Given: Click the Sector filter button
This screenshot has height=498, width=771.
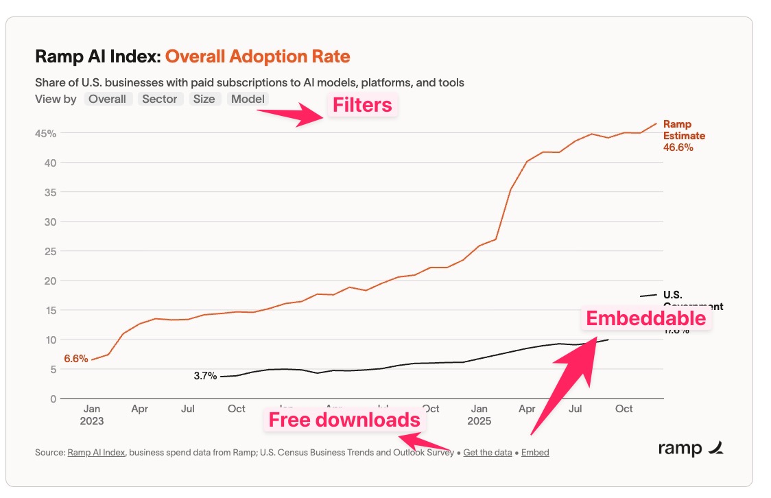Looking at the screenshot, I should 160,99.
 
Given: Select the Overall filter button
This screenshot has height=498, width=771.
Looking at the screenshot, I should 107,99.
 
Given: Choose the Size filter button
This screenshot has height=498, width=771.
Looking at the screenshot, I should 204,99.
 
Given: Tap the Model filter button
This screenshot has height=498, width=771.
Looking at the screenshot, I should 248,99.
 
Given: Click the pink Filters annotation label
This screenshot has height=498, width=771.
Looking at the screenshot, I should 362,105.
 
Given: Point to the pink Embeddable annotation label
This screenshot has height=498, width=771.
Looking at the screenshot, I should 645,318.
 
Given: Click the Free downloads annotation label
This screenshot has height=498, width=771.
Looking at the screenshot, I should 344,420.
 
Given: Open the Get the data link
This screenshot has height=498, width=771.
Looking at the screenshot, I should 487,452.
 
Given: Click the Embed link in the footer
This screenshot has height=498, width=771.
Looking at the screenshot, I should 535,452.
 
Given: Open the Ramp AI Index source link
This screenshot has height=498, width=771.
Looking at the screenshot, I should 97,452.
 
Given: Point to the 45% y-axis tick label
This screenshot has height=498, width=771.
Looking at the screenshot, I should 45,133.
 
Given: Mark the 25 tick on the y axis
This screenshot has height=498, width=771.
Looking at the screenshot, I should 49,251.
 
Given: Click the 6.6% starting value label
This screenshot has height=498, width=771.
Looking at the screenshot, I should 75,358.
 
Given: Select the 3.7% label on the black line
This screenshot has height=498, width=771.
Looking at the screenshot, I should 205,376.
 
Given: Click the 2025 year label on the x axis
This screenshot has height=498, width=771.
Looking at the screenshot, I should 479,420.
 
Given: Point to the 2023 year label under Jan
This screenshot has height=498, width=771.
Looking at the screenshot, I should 91,420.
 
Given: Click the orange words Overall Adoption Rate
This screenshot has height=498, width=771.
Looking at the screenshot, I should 257,56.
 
